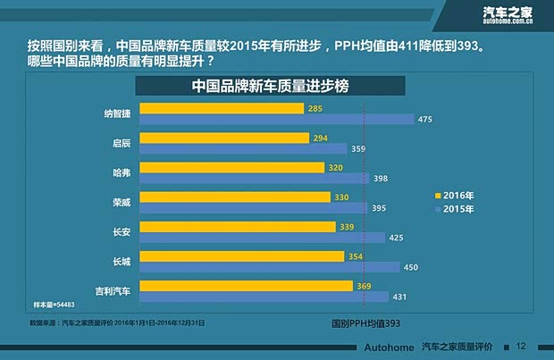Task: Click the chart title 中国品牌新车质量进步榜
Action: (x=271, y=87)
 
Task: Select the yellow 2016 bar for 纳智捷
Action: (x=222, y=109)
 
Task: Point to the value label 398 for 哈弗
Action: (x=381, y=179)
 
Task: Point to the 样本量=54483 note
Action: (x=54, y=306)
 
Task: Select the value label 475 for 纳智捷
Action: (x=425, y=120)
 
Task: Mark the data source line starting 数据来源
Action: (x=117, y=322)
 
